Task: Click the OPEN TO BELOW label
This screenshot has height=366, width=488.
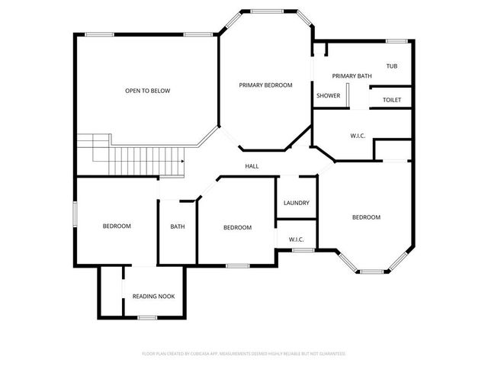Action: (148, 91)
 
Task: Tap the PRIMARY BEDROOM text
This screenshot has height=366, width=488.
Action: (265, 85)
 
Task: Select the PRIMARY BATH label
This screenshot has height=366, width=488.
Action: (352, 75)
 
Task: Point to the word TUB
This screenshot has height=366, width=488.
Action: (391, 66)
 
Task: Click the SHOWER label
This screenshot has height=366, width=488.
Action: (328, 95)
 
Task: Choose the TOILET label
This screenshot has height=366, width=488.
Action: (391, 100)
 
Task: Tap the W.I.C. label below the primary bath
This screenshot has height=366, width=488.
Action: (358, 136)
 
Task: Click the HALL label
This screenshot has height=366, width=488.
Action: (252, 166)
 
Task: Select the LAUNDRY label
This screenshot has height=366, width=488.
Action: (296, 203)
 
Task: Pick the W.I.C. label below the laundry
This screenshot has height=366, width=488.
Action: (297, 240)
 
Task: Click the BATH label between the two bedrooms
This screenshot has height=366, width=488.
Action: (177, 226)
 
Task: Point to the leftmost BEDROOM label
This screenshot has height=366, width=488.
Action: (117, 226)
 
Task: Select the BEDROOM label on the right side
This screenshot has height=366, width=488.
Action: (366, 217)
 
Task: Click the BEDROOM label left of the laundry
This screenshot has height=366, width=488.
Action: (237, 227)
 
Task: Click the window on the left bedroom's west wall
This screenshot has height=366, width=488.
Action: (75, 213)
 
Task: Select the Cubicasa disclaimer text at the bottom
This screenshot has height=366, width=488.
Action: (244, 354)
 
